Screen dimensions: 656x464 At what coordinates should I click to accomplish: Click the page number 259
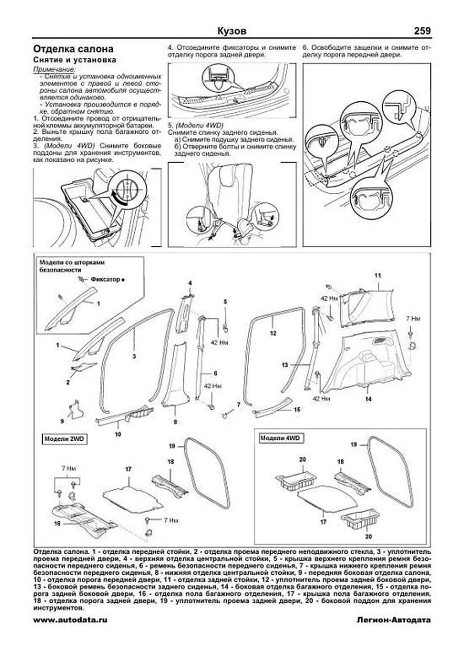pyautogui.click(x=422, y=31)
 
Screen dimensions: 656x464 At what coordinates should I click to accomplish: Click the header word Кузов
pyautogui.click(x=232, y=31)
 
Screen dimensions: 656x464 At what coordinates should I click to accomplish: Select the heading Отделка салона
pyautogui.click(x=73, y=49)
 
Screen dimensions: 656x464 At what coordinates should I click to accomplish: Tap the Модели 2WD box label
pyautogui.click(x=64, y=439)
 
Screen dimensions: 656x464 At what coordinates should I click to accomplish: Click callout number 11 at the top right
pyautogui.click(x=378, y=276)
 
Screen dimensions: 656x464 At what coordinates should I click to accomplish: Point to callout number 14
pyautogui.click(x=368, y=399)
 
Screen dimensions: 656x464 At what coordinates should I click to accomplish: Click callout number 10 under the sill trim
pyautogui.click(x=118, y=434)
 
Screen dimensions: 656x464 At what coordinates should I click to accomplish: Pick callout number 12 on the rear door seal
pyautogui.click(x=273, y=333)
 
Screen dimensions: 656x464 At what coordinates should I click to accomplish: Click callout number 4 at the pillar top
pyautogui.click(x=190, y=283)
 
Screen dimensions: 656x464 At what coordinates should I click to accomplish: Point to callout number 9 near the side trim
pyautogui.click(x=62, y=421)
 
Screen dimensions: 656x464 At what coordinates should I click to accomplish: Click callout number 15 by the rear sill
pyautogui.click(x=297, y=409)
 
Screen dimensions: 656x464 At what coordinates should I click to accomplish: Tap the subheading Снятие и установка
pyautogui.click(x=75, y=60)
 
